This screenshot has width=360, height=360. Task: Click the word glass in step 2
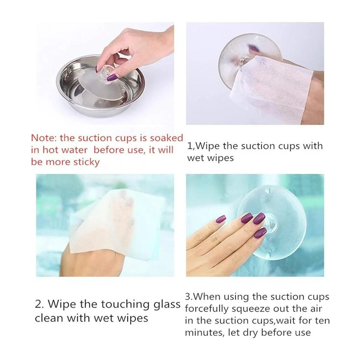coord(167,304)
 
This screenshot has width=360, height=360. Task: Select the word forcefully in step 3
coord(207,309)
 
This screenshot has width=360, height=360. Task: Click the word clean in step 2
coord(49,318)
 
